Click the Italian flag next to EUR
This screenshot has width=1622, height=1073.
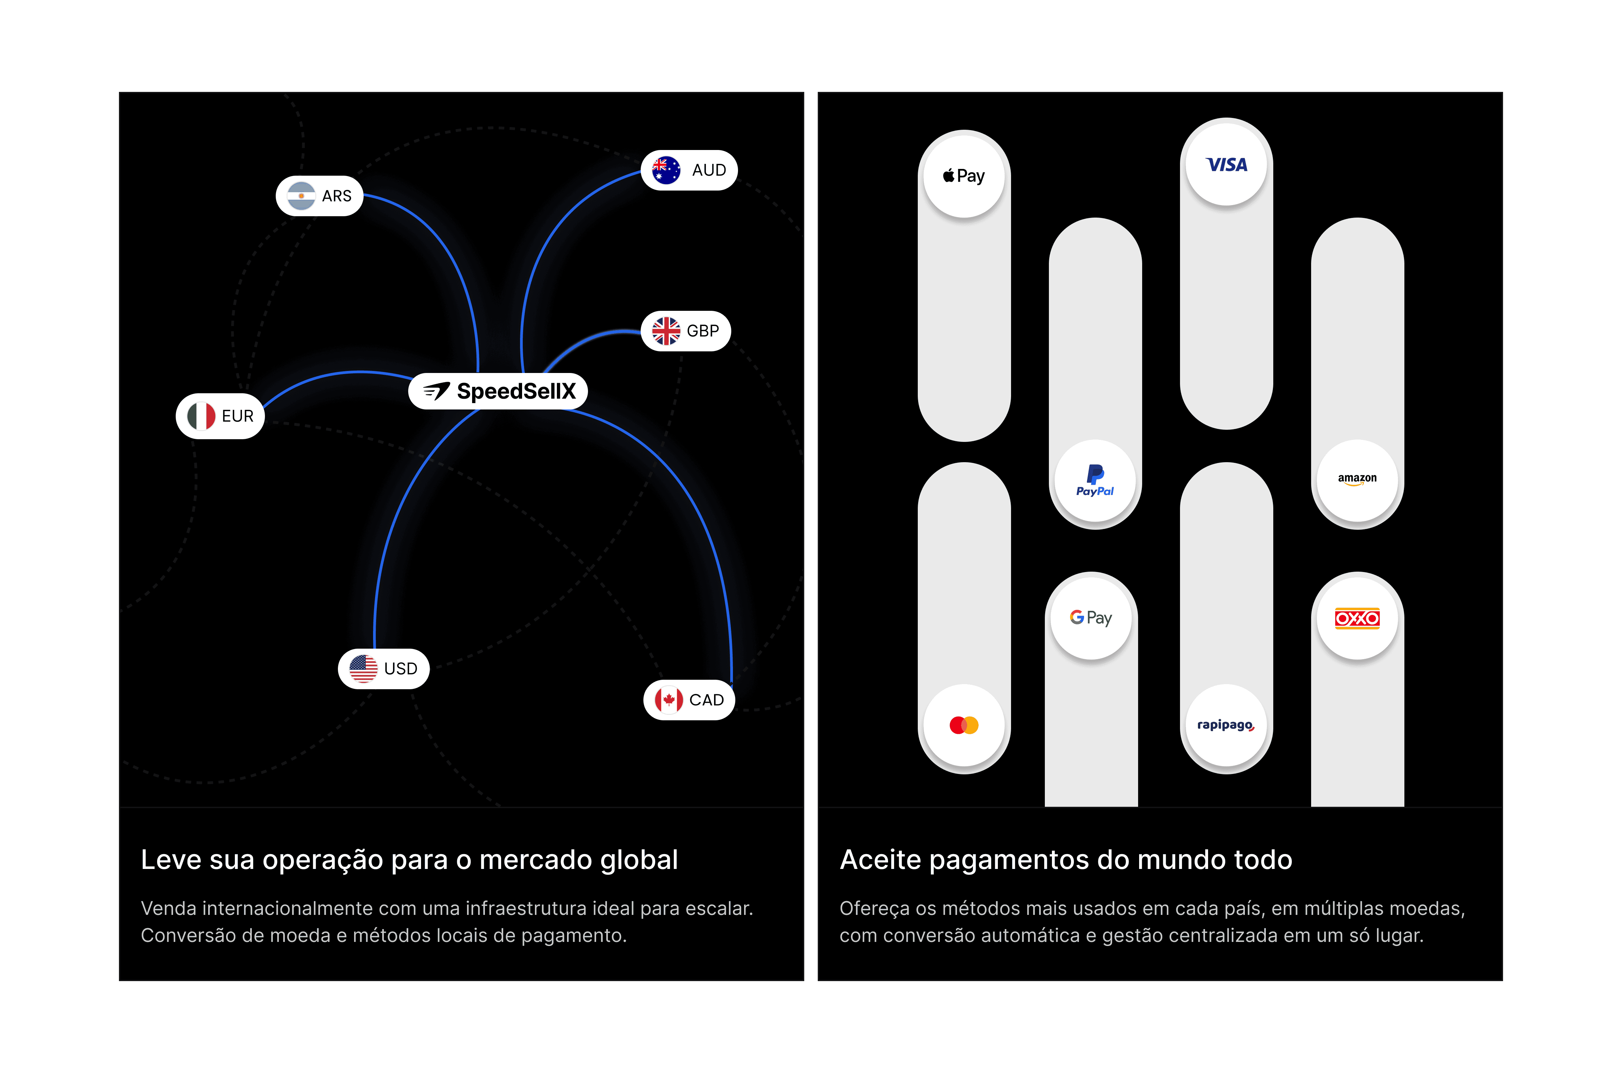201,416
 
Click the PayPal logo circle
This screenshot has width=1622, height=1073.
1095,480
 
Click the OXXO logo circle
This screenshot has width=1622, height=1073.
1357,618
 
